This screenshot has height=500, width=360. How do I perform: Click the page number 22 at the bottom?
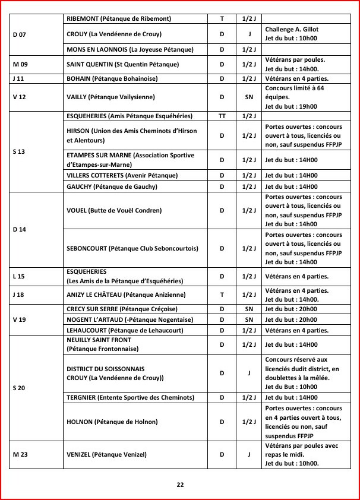(180, 484)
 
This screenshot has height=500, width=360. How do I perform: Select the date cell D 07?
(19, 34)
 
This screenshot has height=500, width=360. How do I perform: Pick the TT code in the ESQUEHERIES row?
(222, 116)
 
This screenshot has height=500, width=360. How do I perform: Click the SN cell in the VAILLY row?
(249, 97)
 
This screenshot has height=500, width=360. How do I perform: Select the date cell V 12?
(19, 97)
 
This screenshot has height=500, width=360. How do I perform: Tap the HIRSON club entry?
(131, 135)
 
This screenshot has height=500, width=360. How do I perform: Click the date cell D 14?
(20, 229)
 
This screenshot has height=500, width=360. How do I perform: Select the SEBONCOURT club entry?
(132, 249)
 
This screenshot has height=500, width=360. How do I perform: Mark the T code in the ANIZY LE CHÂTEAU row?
(222, 295)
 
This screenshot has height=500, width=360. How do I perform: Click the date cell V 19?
(19, 319)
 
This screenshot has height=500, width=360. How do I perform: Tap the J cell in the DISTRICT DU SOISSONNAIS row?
(249, 373)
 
